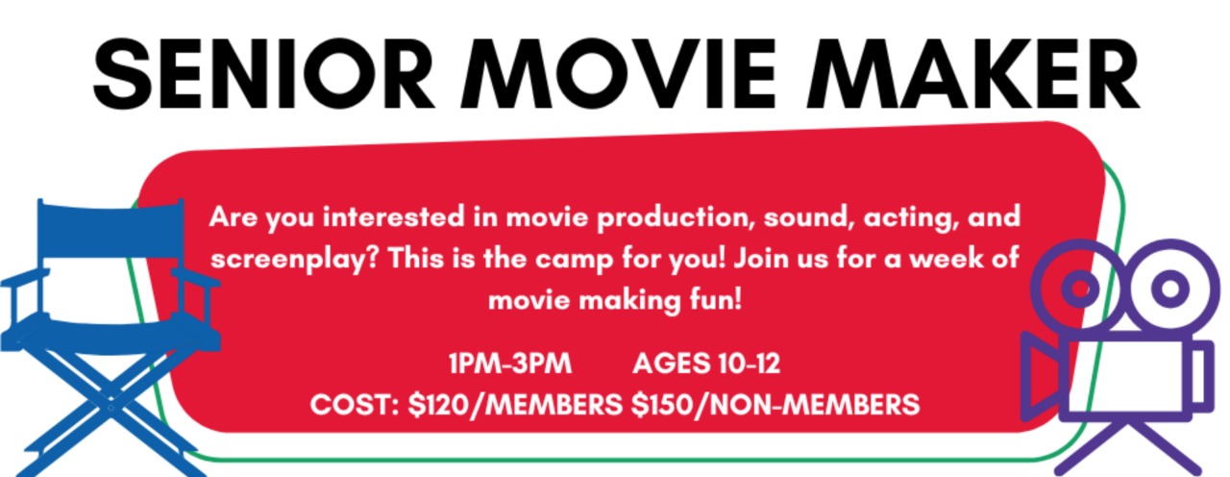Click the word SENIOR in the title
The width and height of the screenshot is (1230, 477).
pos(264,74)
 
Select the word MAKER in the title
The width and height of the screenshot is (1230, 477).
pos(972,74)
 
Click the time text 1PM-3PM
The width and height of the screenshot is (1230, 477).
pos(510,364)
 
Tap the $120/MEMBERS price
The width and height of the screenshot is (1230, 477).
pos(515,405)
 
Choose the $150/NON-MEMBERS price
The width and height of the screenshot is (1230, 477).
pos(775,405)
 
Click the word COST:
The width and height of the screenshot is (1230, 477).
pos(355,405)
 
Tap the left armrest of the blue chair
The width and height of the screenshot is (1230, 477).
pos(25,279)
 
